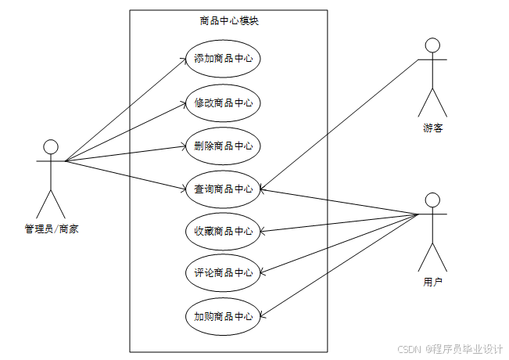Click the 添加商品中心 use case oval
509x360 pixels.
223,59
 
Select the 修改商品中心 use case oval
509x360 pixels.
223,103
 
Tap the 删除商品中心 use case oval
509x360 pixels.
223,146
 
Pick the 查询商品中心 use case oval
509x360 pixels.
223,189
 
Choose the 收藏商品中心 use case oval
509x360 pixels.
223,231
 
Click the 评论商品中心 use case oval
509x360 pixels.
223,273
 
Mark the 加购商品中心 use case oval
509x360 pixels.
223,316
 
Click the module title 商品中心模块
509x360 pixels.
228,21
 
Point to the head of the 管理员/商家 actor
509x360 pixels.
51,146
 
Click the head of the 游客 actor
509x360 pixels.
432,45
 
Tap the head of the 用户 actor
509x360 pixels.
432,199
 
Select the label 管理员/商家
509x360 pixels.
51,229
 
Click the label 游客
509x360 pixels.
432,128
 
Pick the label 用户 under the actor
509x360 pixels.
432,281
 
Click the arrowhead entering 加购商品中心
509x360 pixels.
262,315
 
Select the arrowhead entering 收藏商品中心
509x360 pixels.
262,232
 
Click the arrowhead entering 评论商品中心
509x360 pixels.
262,273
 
